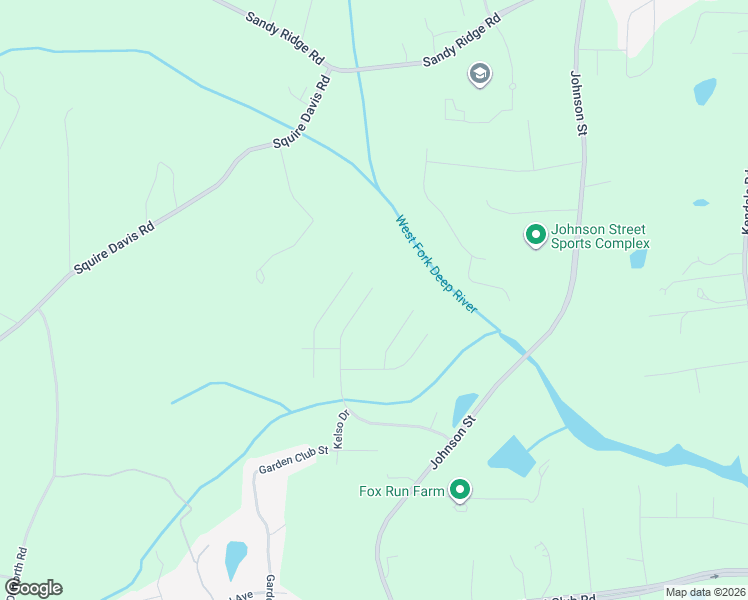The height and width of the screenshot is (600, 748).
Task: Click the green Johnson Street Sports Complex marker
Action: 535,235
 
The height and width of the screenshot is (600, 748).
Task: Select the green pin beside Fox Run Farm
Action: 460,490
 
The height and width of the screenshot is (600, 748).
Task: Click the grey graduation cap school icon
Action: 480,74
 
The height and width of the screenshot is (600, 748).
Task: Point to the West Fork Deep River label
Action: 436,266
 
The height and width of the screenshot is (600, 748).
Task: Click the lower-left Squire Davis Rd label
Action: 114,248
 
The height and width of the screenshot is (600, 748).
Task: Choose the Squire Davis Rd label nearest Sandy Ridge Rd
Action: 301,111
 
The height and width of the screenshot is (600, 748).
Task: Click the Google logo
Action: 32,588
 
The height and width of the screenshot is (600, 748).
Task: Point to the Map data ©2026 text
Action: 705,592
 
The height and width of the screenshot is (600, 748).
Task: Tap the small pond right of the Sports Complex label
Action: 638,259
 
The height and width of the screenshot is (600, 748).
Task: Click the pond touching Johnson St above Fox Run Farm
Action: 464,409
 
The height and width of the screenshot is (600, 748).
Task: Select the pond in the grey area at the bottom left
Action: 235,558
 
